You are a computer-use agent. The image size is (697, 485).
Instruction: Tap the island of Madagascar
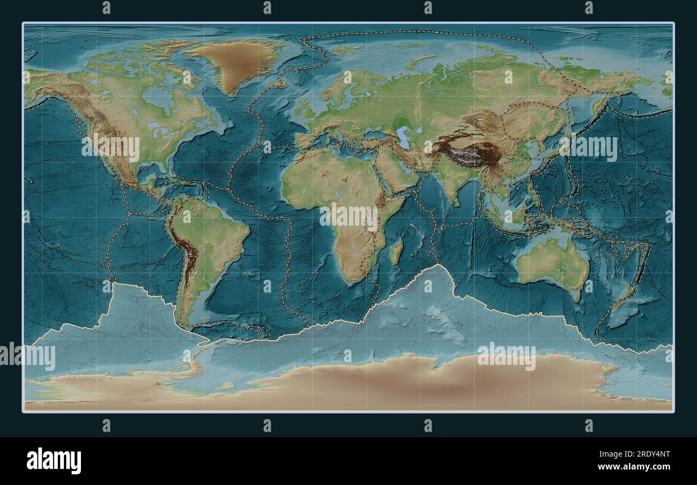tap(396, 252)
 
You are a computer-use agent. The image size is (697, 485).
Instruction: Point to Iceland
tap(279, 84)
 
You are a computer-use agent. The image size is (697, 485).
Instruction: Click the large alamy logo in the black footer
tap(54, 460)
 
